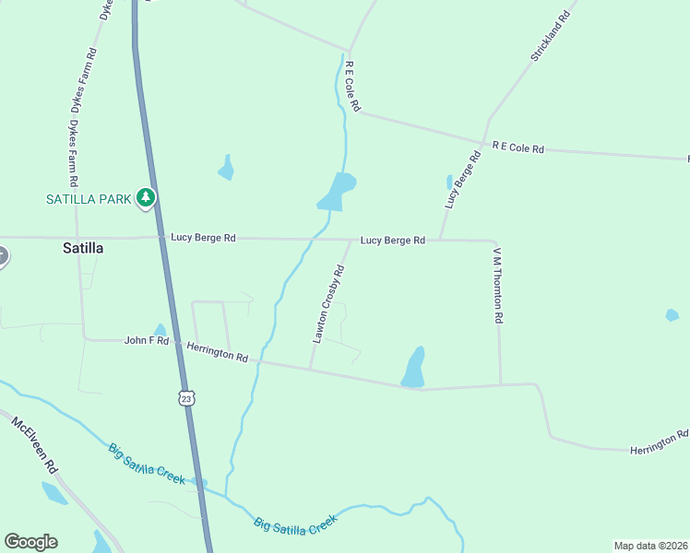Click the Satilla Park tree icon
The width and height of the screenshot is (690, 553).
(145, 197)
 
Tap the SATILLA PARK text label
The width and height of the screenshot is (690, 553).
(89, 198)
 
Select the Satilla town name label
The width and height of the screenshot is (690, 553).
(83, 248)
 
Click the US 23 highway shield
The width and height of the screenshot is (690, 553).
(186, 397)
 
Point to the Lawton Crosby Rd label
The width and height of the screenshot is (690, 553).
(328, 304)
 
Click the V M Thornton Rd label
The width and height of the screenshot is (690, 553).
(497, 285)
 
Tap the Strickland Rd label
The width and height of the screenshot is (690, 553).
(553, 31)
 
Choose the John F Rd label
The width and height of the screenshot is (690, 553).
(147, 341)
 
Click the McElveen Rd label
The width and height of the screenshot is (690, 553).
(35, 446)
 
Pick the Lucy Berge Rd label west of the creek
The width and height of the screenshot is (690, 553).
(203, 238)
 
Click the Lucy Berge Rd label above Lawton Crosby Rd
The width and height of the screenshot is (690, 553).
(392, 241)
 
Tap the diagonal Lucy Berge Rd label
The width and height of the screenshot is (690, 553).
(463, 181)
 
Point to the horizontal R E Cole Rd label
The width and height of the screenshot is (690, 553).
(518, 147)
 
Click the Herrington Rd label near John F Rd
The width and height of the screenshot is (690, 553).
(218, 351)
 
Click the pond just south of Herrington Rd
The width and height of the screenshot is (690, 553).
(414, 367)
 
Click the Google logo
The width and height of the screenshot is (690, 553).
(30, 542)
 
